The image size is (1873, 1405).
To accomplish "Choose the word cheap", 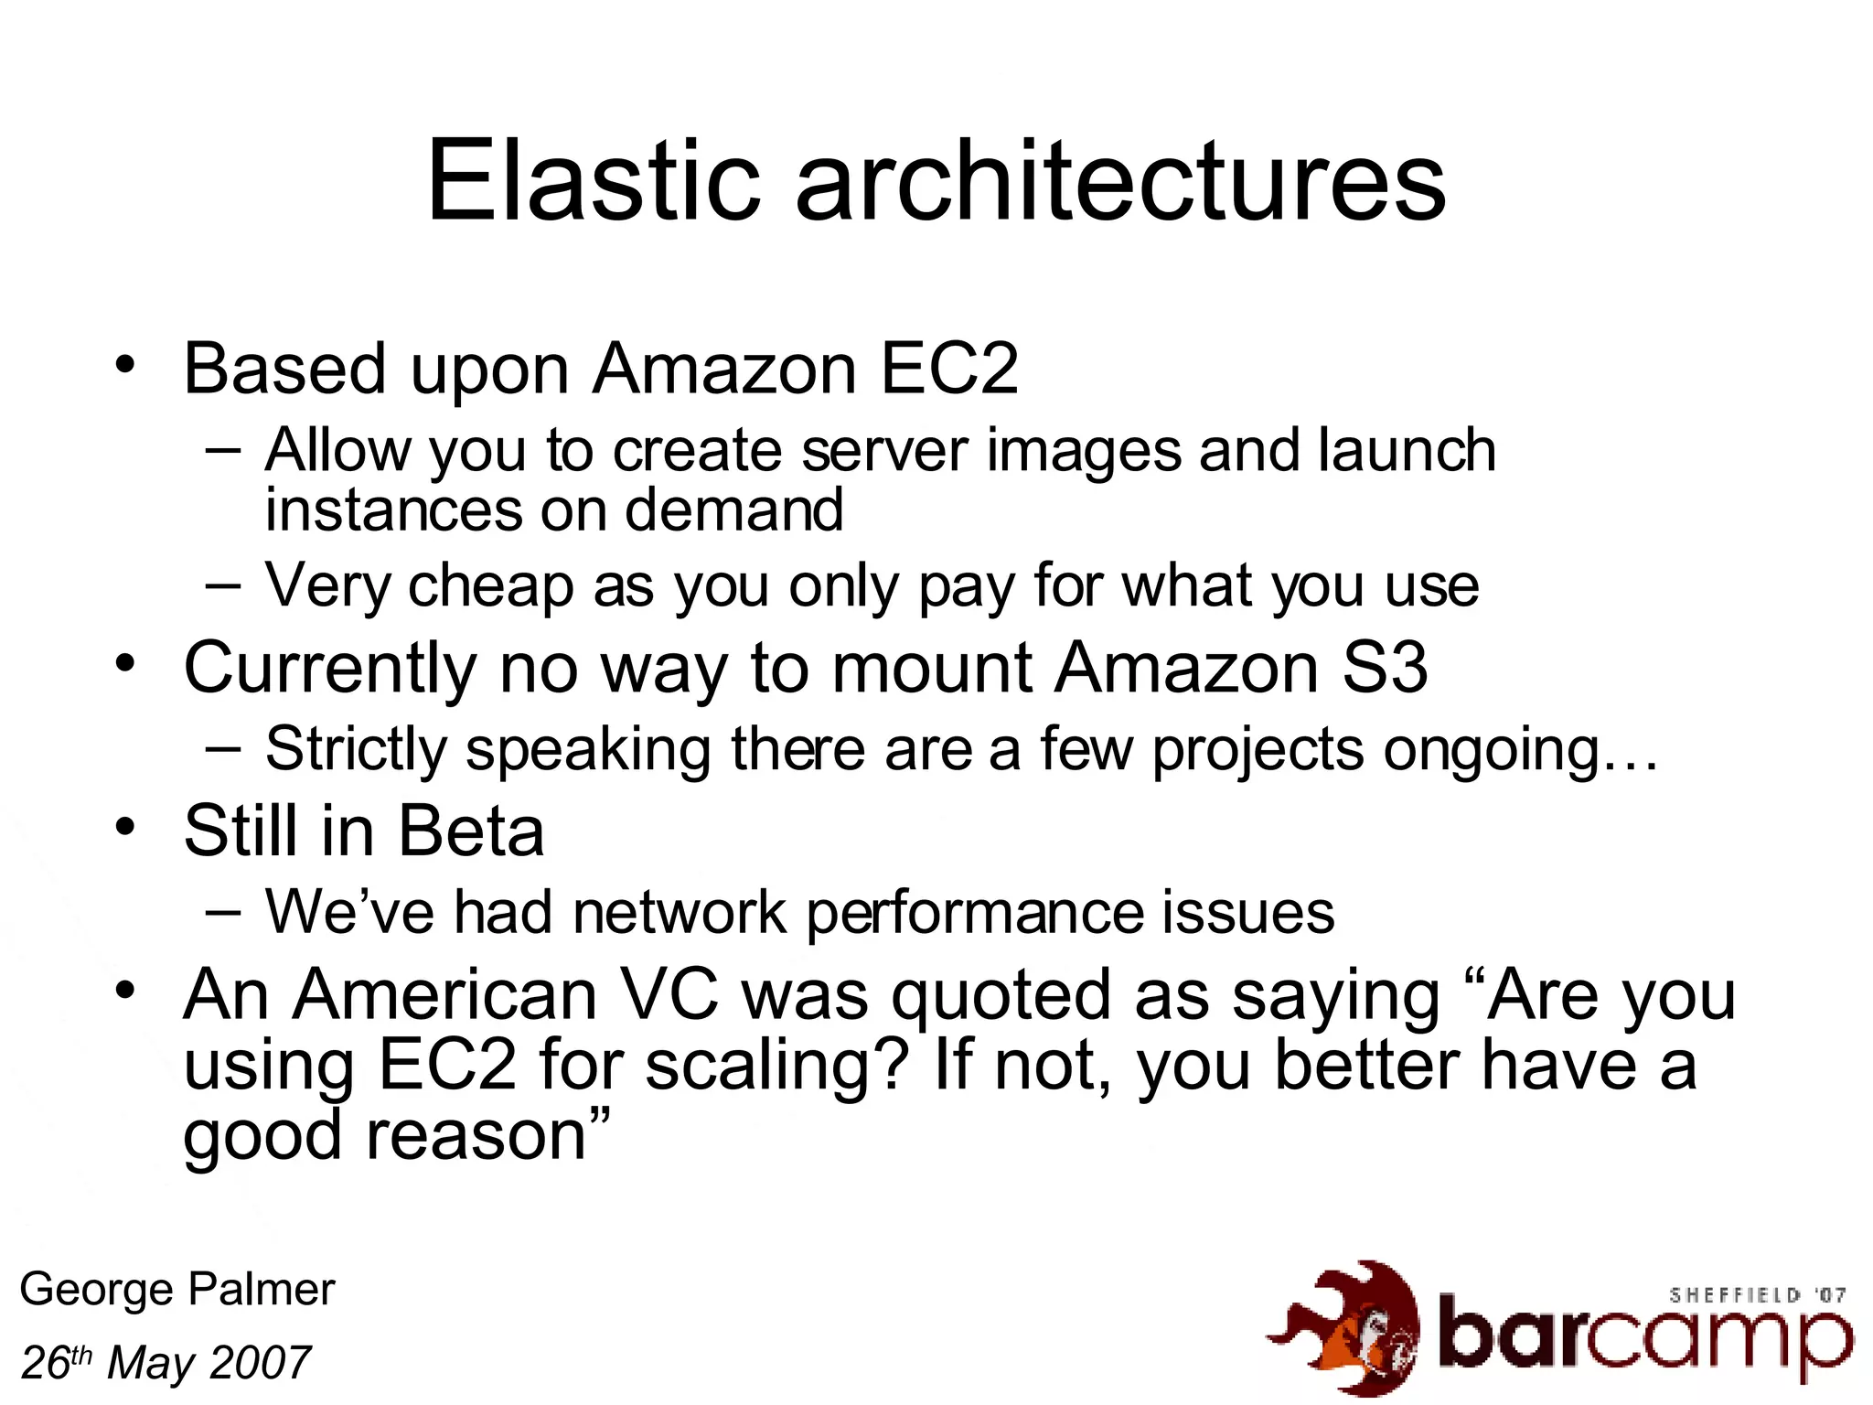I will tap(490, 585).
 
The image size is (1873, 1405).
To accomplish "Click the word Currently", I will tap(330, 668).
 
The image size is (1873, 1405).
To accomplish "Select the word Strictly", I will tap(356, 749).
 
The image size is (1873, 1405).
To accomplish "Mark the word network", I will tap(680, 912).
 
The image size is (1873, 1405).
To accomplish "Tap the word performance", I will tap(975, 914).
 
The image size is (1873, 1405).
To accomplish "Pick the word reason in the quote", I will tap(476, 1137).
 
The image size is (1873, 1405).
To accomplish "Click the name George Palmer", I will tap(177, 1290).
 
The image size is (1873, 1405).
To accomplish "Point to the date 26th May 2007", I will tap(166, 1363).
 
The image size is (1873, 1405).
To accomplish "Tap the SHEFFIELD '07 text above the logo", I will tap(1757, 1295).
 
